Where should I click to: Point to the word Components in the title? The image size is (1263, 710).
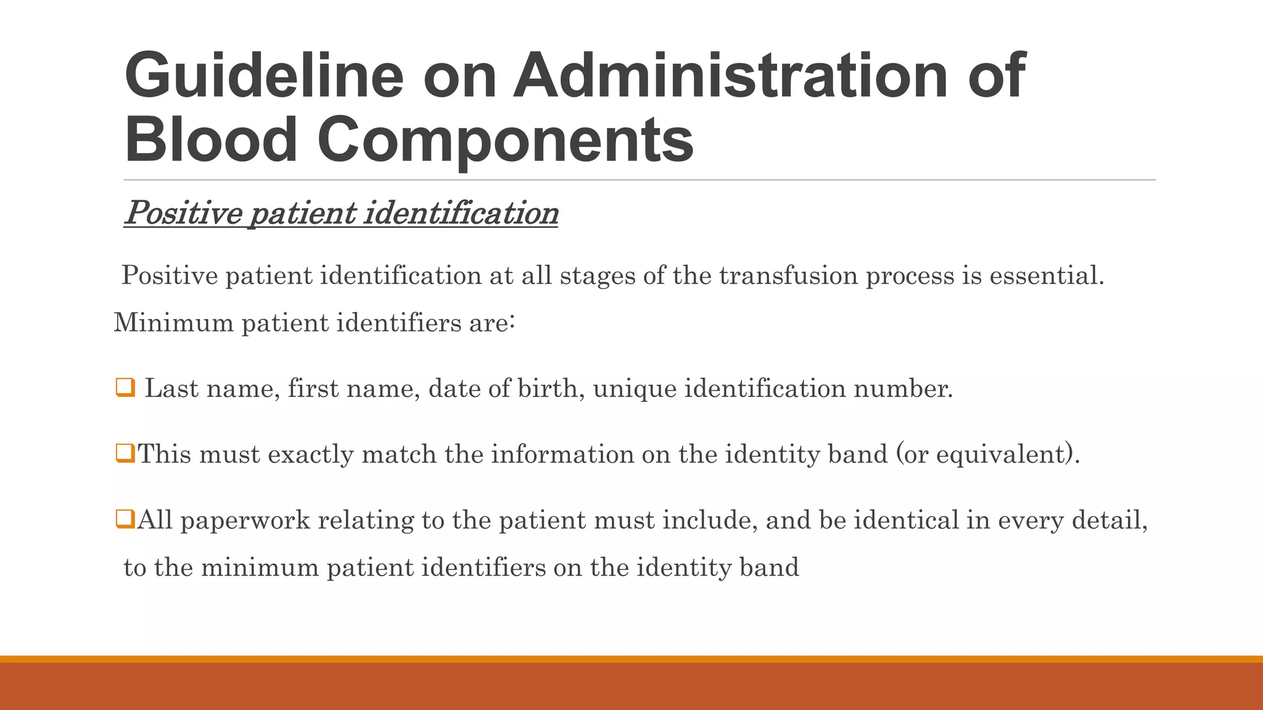[505, 142]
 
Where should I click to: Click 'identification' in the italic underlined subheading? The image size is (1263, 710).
[461, 213]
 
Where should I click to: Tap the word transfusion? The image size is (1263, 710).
[788, 275]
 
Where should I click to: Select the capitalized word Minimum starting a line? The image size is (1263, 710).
[173, 323]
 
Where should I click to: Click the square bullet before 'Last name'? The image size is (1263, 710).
[125, 388]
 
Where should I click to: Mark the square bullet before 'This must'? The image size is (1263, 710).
[125, 454]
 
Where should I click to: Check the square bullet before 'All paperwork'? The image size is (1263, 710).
[125, 520]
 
